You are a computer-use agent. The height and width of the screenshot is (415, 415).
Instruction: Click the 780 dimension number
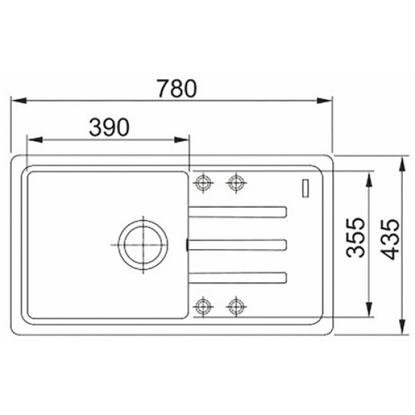coord(177,89)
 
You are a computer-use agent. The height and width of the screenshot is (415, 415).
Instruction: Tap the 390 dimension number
coord(109,127)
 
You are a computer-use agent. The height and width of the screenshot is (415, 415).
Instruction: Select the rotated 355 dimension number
coord(356,237)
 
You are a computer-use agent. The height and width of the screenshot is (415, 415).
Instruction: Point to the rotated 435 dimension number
coord(390,239)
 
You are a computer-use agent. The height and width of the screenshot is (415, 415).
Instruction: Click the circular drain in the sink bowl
coord(143,228)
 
